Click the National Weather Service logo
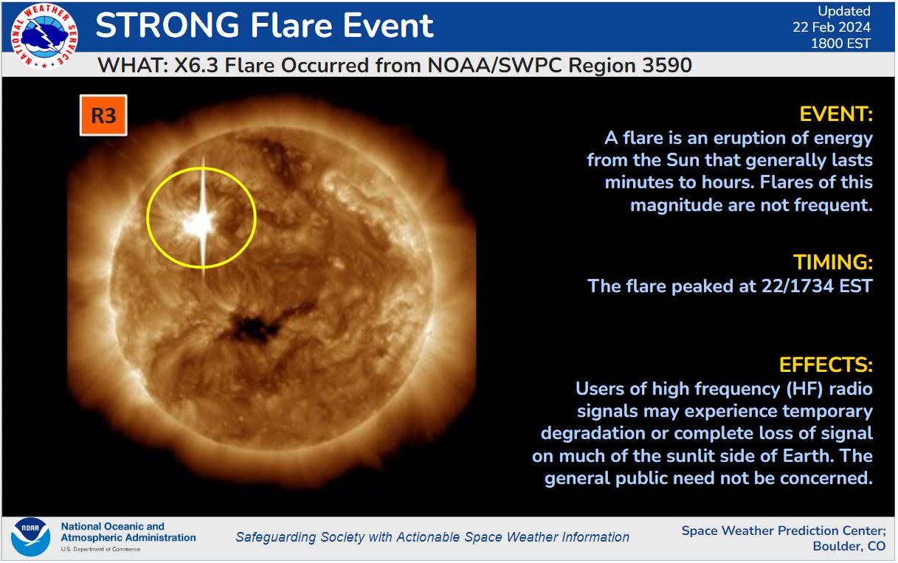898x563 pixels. coord(44,37)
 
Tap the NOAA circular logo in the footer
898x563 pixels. coord(30,537)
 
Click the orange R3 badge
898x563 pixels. coord(103,116)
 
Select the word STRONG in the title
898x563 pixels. coord(167,26)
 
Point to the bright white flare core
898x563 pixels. coord(199,224)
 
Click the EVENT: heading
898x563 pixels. coord(836,114)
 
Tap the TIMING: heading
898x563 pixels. coord(832,262)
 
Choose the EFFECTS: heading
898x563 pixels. coord(826,365)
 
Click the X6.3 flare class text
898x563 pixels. coord(196,66)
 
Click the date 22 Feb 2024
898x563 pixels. coord(831,27)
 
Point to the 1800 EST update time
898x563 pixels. coord(840,44)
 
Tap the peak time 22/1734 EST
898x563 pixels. coord(817,286)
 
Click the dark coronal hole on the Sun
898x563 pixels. coord(252,329)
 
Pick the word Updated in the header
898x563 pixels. coord(844,11)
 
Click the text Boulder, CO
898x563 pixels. coord(849,546)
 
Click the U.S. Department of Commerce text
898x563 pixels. coord(100,550)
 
